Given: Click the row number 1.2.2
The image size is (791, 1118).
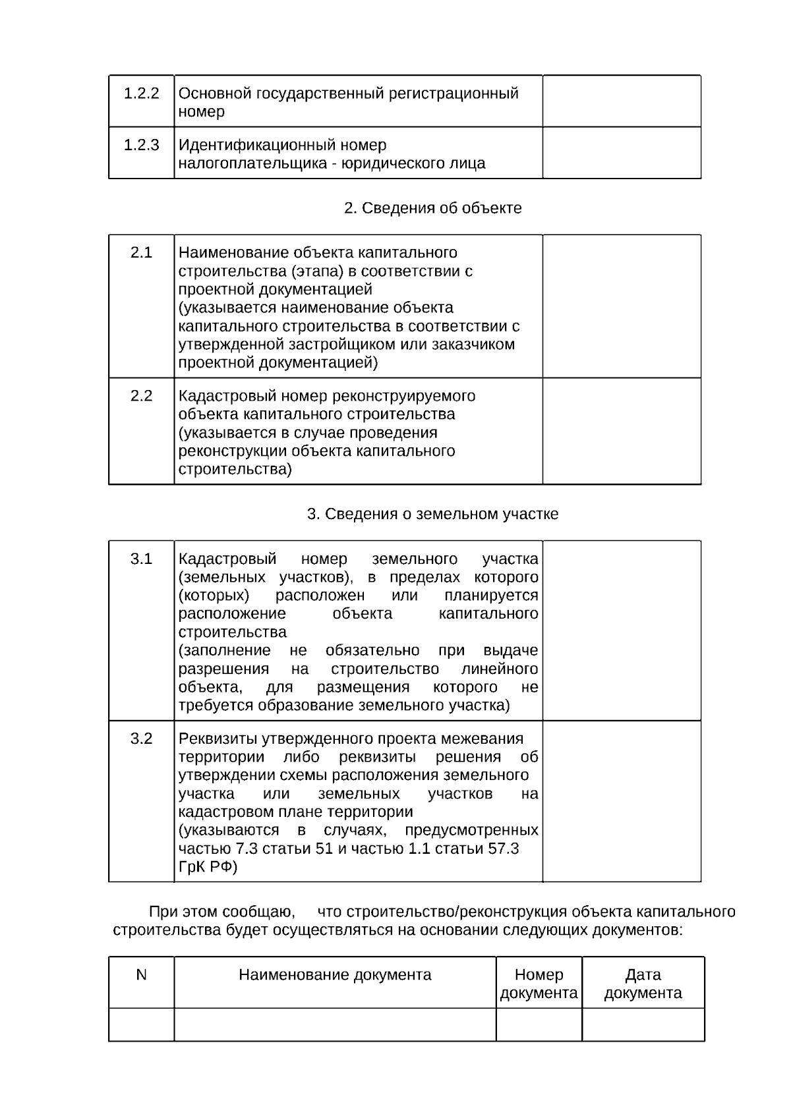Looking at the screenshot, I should (141, 94).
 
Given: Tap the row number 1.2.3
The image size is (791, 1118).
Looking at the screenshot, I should (141, 145).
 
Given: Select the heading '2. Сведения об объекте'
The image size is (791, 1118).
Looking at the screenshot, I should (432, 208).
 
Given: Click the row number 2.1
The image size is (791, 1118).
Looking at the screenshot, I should (141, 253).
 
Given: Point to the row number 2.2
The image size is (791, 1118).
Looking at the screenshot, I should (141, 396).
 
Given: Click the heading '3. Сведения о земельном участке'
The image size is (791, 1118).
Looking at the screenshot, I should (432, 514).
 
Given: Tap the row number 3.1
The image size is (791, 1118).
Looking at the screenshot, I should (141, 559).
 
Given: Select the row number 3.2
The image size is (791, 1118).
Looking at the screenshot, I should (141, 739).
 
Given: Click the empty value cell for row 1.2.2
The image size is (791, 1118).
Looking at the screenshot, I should (621, 101).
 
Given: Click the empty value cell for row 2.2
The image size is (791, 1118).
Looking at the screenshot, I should (621, 431).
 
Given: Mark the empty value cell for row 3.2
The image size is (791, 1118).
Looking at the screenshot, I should (621, 801).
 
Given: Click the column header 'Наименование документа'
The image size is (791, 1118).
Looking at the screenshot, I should (335, 975).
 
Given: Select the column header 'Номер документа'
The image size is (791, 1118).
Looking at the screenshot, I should (539, 984).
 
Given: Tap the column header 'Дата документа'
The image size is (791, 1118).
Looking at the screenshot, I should (643, 984).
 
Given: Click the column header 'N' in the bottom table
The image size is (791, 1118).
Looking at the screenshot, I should (141, 975).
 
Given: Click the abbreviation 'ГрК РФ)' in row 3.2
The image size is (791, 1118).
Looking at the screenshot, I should (208, 867).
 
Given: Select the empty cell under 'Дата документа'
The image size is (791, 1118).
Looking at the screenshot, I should (643, 1024).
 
